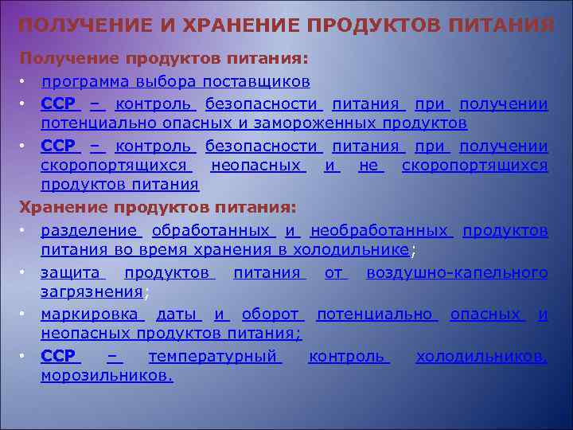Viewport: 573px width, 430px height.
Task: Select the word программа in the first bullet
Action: click(x=86, y=82)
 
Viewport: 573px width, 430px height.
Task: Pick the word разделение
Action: click(x=89, y=230)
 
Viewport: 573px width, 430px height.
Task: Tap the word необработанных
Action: click(x=380, y=230)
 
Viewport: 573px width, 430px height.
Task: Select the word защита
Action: click(x=70, y=272)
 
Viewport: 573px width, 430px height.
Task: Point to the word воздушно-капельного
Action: click(x=457, y=272)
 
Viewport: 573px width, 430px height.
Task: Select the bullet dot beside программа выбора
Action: click(x=25, y=82)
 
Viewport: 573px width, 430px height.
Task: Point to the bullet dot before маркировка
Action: click(x=25, y=314)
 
